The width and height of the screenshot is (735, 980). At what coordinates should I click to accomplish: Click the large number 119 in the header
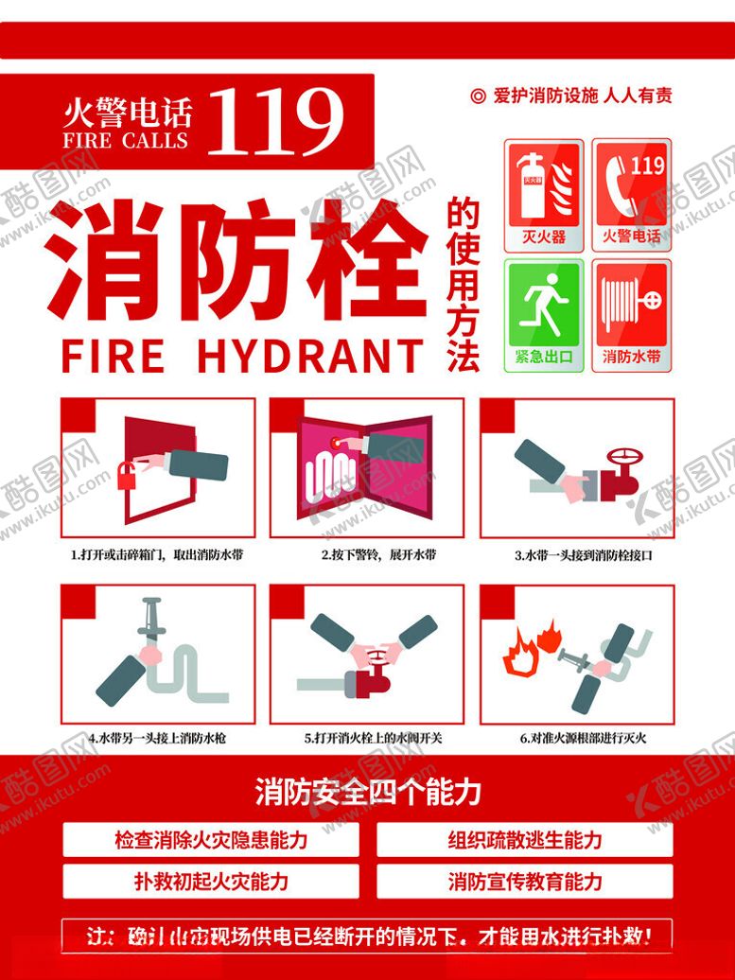pyautogui.click(x=274, y=121)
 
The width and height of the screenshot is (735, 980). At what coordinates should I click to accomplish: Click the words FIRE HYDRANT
pyautogui.click(x=241, y=357)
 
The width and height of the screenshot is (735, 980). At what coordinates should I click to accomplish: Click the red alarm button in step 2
pyautogui.click(x=337, y=440)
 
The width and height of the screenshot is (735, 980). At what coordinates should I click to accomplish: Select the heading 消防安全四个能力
pyautogui.click(x=368, y=792)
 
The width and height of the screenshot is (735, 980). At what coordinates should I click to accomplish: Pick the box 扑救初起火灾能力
pyautogui.click(x=211, y=882)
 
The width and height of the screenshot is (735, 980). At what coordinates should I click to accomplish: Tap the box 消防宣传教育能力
pyautogui.click(x=525, y=882)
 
